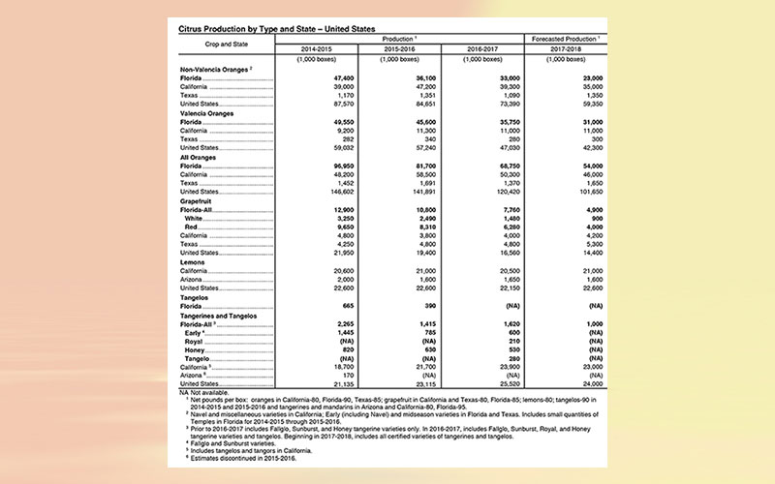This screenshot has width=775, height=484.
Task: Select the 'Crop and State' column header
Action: point(226,44)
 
